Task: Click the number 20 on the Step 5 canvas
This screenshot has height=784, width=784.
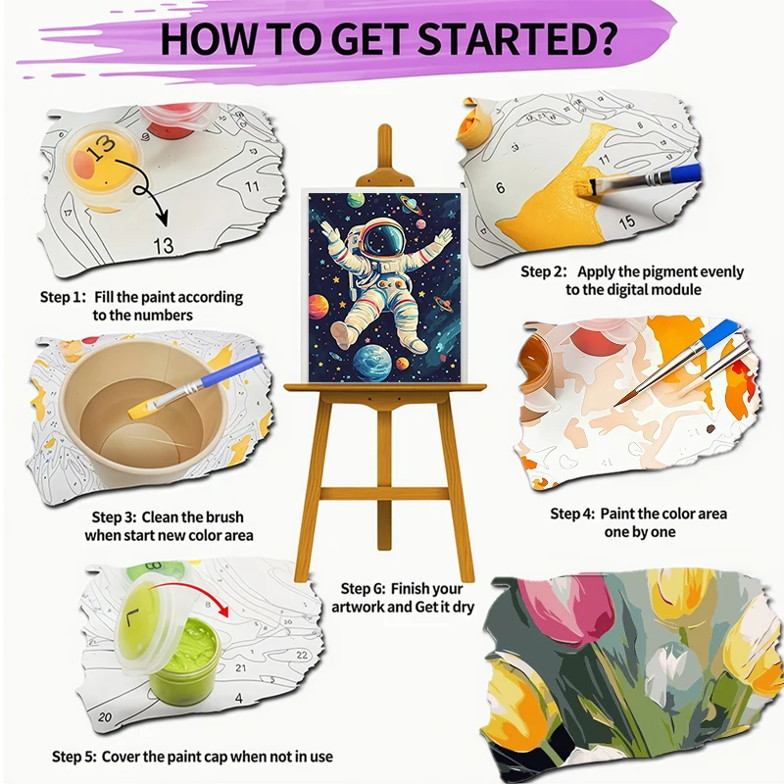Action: pos(105,717)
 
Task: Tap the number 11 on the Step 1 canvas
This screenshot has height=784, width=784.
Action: pos(252,185)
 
